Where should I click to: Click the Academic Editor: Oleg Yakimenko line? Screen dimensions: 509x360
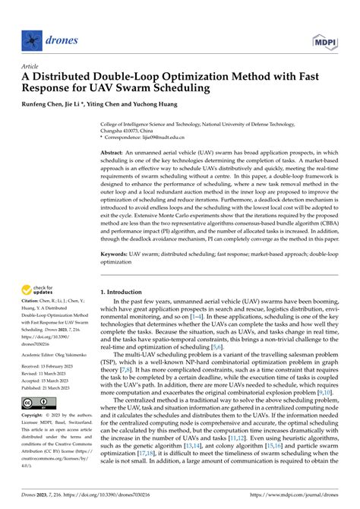[x=48, y=353]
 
